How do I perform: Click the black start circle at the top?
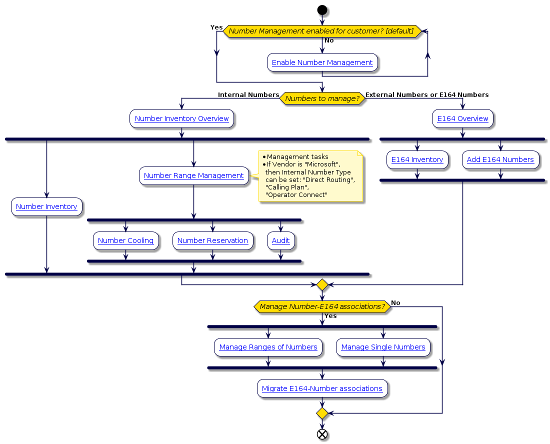[322, 10]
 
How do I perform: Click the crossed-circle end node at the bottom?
[322, 433]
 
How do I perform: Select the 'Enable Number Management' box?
[322, 62]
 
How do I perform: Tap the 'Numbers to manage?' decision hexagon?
[322, 98]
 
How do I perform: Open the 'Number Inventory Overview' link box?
[181, 118]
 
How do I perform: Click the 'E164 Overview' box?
[462, 118]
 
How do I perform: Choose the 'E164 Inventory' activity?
[417, 159]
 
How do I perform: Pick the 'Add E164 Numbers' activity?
[500, 159]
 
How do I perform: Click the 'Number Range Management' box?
[193, 175]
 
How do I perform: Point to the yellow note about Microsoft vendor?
[310, 176]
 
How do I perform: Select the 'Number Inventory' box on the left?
[46, 206]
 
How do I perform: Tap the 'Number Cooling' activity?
[125, 240]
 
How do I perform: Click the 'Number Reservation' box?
[212, 240]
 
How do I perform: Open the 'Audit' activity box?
[280, 240]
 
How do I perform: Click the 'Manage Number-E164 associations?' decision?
[322, 306]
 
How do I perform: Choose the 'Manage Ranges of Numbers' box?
[268, 347]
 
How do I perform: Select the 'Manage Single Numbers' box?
[383, 347]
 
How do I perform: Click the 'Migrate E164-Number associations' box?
[322, 388]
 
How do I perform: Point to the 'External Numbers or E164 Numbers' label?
[427, 94]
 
